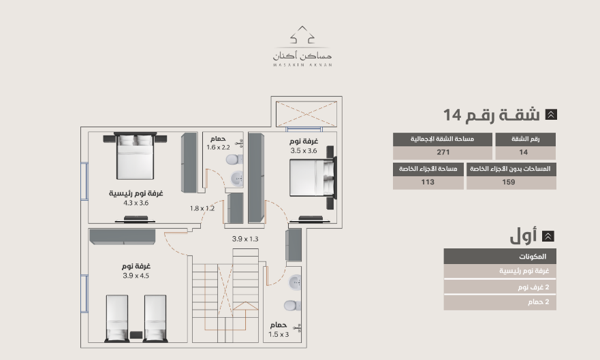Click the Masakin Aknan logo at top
(x=302, y=46)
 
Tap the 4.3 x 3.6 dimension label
(x=136, y=203)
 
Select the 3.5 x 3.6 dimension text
(x=304, y=150)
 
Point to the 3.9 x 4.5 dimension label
(x=136, y=276)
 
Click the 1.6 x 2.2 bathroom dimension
(x=218, y=147)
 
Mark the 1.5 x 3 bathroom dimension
(x=279, y=334)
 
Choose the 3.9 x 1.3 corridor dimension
(x=245, y=239)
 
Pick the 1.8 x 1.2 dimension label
(x=202, y=208)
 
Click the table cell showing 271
(x=443, y=152)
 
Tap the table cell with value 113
(x=428, y=182)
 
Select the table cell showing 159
(x=511, y=182)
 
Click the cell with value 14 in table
(x=525, y=152)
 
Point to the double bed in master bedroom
(x=135, y=156)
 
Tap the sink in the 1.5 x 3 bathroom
(x=295, y=283)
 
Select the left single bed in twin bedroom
(x=116, y=318)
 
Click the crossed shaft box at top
(x=306, y=114)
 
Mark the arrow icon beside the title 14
(x=551, y=114)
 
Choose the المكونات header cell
(x=500, y=257)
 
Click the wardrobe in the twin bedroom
(x=123, y=237)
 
